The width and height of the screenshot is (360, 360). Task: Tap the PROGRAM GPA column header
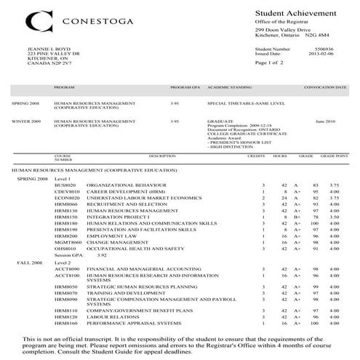(180, 87)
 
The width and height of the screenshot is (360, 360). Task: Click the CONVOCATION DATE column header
(327, 87)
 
